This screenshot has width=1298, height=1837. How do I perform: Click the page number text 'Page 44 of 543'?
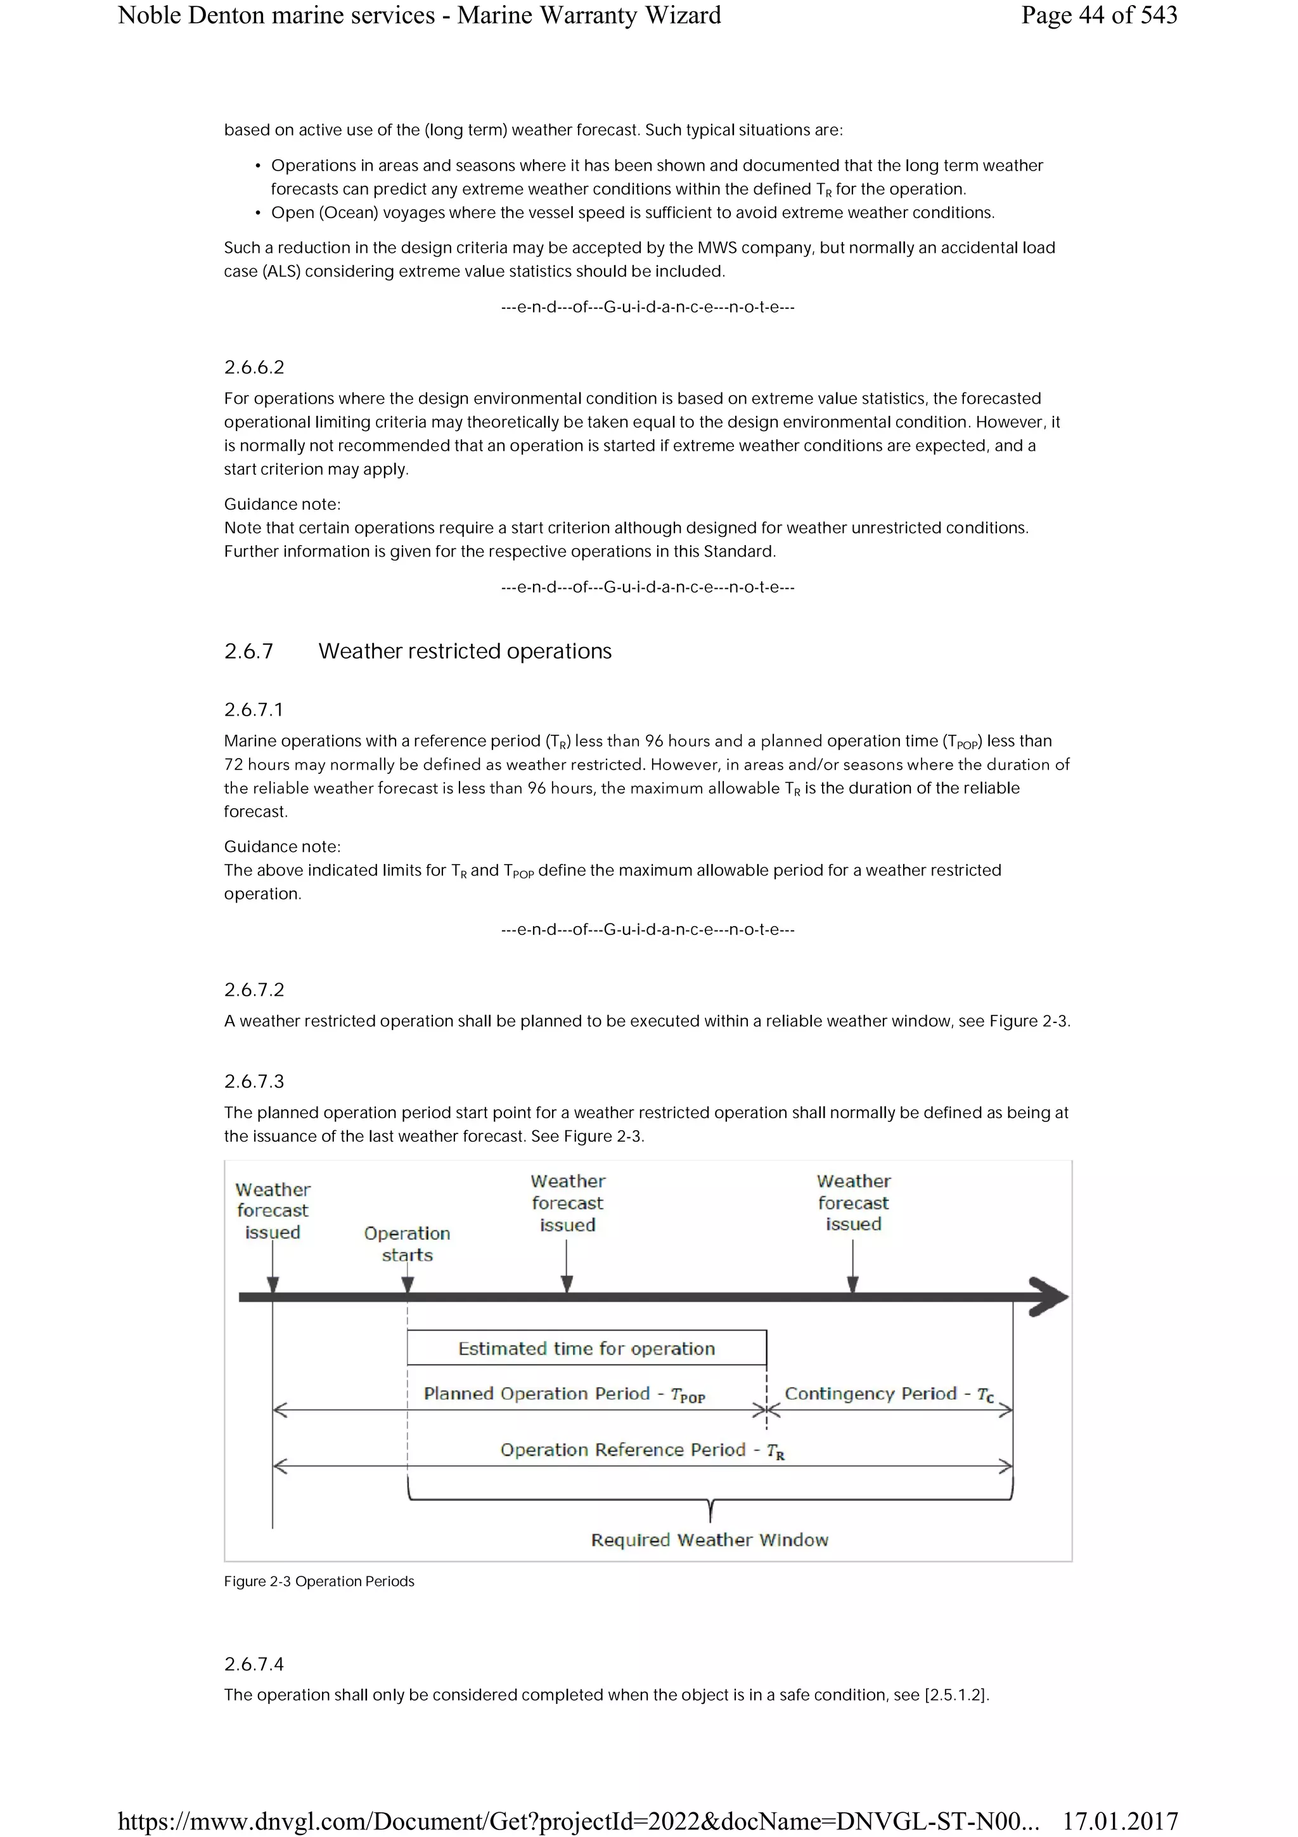1098,15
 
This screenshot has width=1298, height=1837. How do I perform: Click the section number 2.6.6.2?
254,367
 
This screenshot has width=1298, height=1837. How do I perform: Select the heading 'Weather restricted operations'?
465,651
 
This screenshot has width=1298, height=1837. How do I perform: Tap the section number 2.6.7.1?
254,710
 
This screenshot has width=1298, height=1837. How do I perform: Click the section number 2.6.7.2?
254,989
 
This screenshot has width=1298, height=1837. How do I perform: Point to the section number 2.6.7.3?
254,1081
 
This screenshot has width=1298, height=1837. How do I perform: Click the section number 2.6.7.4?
254,1664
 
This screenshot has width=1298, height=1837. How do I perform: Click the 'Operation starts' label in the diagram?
407,1244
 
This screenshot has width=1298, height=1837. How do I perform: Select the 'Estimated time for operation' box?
586,1348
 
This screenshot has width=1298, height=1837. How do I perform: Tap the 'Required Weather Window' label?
709,1540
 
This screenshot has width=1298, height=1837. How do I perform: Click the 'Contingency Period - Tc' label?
889,1394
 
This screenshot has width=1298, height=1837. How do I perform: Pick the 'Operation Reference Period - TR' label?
642,1450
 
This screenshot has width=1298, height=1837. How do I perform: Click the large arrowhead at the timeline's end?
1050,1297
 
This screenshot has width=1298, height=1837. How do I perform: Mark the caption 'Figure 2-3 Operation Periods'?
319,1582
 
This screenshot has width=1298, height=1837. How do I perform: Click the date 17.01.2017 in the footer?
1120,1822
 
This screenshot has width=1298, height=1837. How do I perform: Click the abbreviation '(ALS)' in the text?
281,271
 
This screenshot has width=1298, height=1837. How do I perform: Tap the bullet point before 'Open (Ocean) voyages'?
257,213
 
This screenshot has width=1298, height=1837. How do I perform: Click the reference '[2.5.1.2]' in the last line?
956,1694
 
